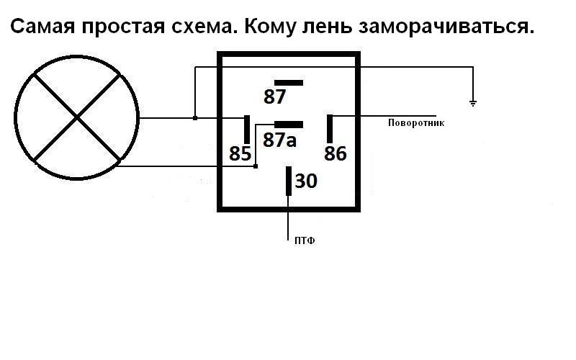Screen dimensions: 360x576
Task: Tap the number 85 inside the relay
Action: [240, 153]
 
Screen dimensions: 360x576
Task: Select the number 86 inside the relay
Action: [336, 153]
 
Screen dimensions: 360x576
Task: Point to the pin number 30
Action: [306, 181]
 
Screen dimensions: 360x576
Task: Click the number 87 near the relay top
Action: [275, 97]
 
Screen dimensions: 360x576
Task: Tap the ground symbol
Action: [473, 103]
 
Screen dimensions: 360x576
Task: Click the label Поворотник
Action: [416, 123]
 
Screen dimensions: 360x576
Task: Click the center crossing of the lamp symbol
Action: [76, 117]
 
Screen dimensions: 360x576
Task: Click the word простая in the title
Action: [121, 28]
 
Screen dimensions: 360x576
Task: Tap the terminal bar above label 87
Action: [288, 83]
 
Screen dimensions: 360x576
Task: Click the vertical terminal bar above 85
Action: [247, 129]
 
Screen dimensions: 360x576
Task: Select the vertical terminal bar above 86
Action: [330, 129]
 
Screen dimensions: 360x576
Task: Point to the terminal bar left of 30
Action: [289, 181]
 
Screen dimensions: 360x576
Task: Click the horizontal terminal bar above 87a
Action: [288, 125]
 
